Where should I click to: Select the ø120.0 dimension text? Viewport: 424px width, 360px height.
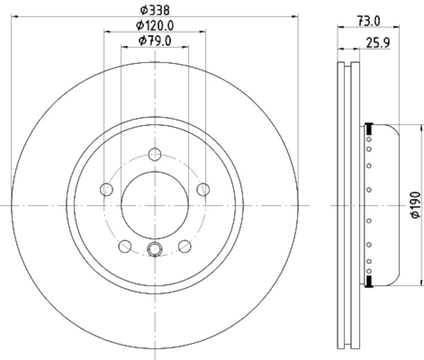(x=155, y=24)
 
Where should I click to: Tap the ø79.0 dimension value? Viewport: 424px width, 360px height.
(x=155, y=40)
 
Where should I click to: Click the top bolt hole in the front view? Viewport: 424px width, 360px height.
(x=155, y=154)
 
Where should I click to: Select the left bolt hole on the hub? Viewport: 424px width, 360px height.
(x=107, y=189)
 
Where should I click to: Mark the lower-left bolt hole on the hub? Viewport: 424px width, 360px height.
(x=125, y=245)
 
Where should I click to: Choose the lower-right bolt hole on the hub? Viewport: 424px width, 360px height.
(x=184, y=245)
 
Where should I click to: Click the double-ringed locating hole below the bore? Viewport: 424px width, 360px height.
(x=155, y=248)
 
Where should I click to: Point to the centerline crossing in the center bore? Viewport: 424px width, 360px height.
(x=155, y=205)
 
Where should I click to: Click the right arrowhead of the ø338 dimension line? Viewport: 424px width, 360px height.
(x=295, y=16)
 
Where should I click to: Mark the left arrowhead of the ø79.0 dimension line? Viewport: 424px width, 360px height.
(x=124, y=47)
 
